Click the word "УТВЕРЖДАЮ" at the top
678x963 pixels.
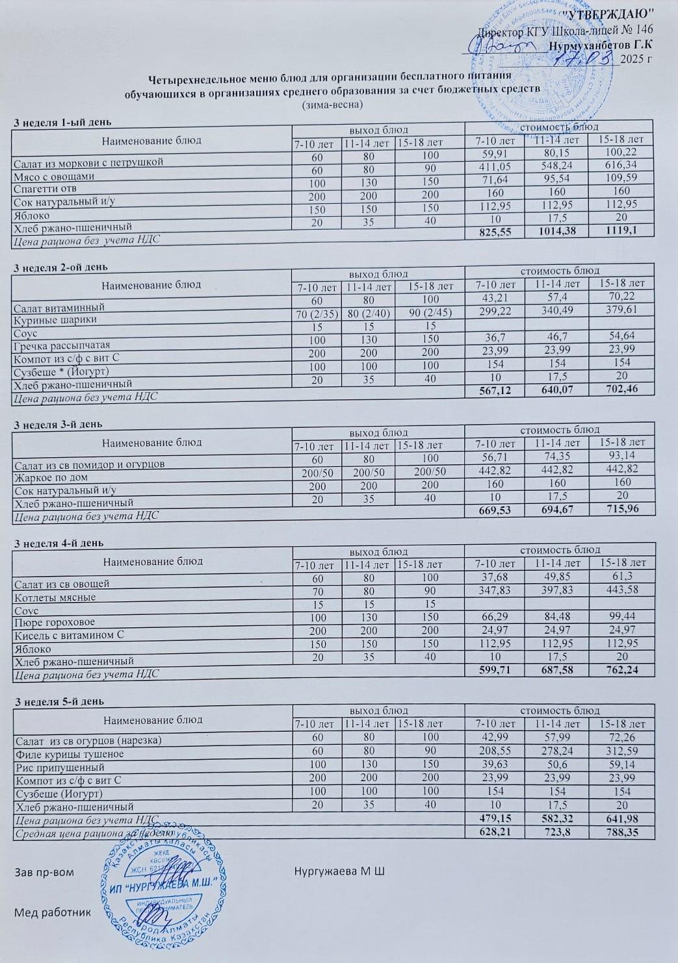607,15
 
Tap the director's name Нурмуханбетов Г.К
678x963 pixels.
600,45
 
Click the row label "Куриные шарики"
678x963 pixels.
55,319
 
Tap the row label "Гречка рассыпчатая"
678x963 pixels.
62,345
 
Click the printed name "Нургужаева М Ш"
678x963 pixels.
339,869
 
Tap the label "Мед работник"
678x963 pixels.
53,912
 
